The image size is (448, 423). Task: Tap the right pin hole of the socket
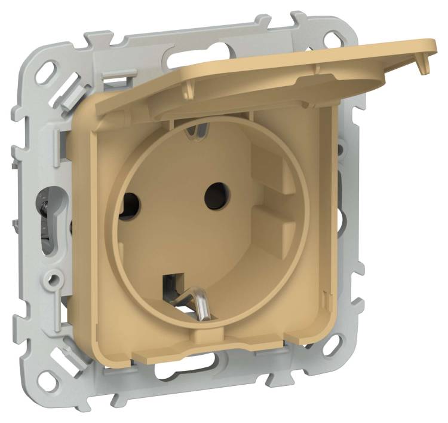[x=213, y=194]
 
